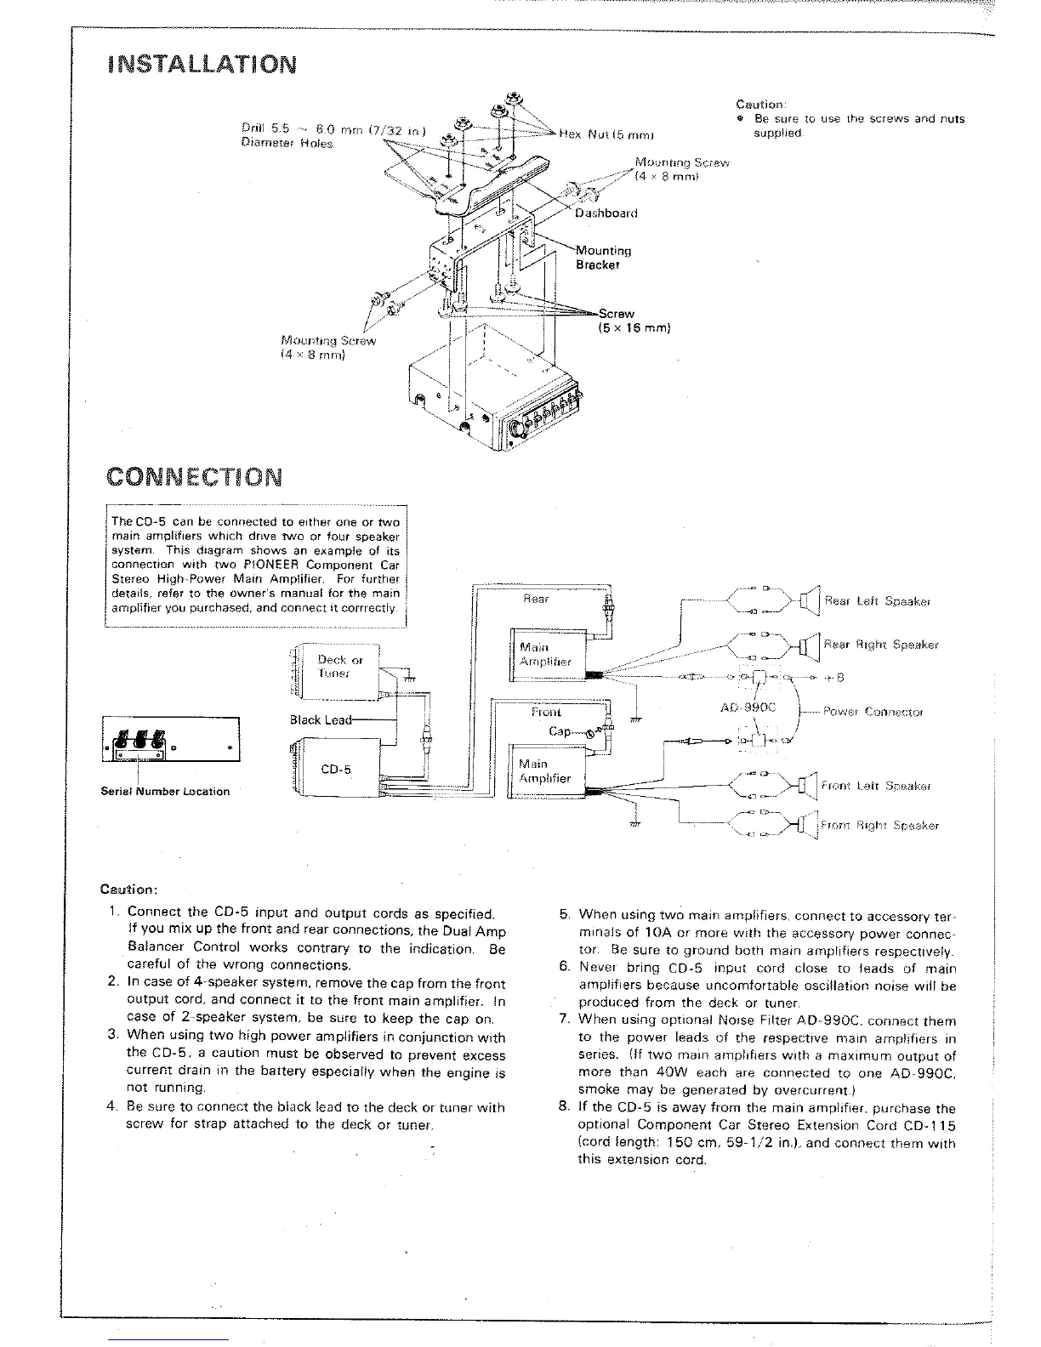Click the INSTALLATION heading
tap(202, 64)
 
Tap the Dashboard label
tap(606, 213)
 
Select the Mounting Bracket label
tap(603, 257)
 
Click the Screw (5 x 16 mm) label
tap(634, 321)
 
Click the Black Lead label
tap(320, 719)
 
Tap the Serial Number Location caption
tap(165, 791)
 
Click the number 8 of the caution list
tap(563, 1107)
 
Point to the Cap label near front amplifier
tap(559, 730)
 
